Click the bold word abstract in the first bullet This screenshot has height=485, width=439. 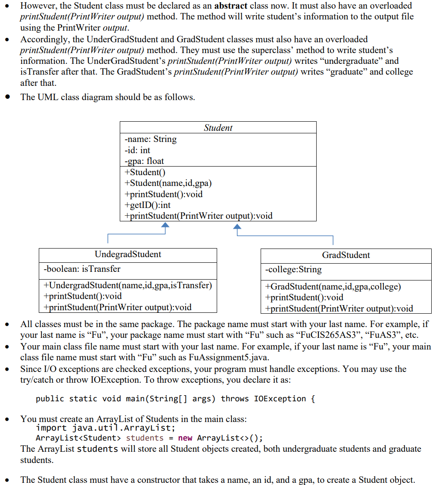coord(230,6)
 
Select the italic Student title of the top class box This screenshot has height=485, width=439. coord(218,128)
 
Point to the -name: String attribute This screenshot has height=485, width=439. coord(150,139)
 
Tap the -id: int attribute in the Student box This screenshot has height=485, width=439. coord(137,150)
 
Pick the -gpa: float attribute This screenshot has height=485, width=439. coord(144,161)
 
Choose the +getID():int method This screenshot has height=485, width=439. coord(147,205)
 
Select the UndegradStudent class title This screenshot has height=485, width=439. coord(128,254)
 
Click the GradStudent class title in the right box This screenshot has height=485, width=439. coord(346,255)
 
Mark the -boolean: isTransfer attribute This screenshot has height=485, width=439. coord(82,269)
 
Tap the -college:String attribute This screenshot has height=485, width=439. coord(293,270)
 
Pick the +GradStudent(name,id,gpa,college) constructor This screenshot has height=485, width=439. coord(333,287)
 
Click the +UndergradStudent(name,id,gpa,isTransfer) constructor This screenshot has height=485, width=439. coord(128,285)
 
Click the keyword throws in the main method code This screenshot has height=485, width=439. coord(236,398)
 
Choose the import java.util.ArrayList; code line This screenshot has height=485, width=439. coord(106,428)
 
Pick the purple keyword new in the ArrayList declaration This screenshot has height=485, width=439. coord(185,438)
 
